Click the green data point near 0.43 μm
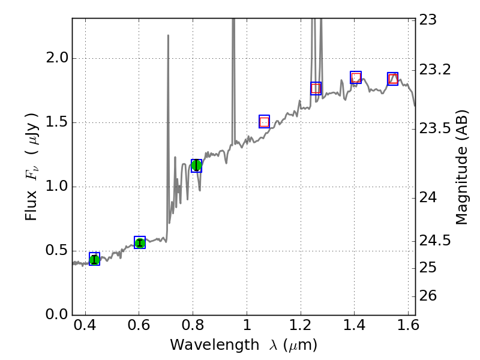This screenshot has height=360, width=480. (x=94, y=259)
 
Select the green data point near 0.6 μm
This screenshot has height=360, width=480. (x=140, y=242)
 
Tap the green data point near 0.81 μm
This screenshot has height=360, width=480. (x=196, y=166)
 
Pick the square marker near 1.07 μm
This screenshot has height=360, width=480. (x=265, y=121)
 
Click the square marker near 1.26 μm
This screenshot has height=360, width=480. (x=316, y=88)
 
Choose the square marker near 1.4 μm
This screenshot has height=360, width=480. (x=356, y=77)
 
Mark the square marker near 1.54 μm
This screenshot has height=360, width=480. (x=392, y=79)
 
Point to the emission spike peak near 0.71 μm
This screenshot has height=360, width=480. (x=168, y=35)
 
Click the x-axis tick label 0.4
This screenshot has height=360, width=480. (x=85, y=329)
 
